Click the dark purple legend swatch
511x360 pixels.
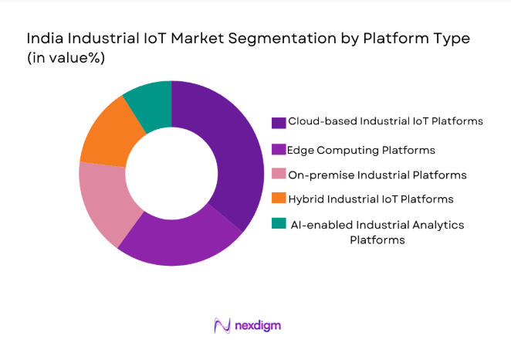pos(278,122)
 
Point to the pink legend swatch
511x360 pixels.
pos(278,175)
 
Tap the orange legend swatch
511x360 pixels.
pos(278,200)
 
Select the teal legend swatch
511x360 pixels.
pos(278,226)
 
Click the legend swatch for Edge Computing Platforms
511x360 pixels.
pos(278,149)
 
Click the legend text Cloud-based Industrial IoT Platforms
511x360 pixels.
pos(385,121)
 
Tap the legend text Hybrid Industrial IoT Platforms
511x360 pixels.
pos(370,199)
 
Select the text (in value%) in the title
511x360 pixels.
pos(67,58)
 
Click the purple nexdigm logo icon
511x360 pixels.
pos(222,326)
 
